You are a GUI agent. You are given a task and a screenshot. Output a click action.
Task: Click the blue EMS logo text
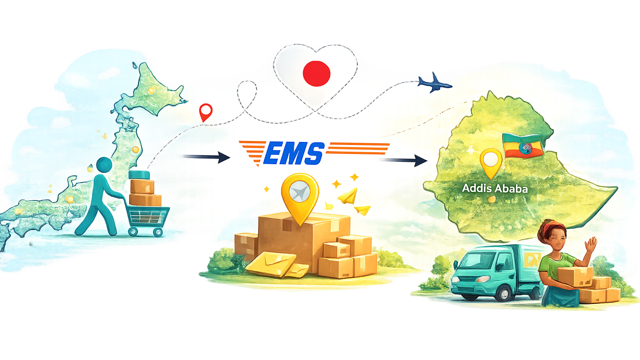point(294,154)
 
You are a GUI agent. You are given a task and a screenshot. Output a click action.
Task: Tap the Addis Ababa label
point(495,188)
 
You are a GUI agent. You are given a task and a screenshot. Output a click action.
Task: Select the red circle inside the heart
point(316,73)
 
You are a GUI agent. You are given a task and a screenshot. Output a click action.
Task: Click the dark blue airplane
point(434,83)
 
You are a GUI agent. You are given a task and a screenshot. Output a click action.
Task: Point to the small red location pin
point(206,112)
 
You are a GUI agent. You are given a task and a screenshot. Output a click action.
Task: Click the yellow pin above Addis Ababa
point(490,162)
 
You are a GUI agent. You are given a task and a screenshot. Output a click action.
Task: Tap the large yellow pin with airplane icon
point(300,195)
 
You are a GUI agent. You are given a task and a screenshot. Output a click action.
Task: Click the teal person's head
point(104,165)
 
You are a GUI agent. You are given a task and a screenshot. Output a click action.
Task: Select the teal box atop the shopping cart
point(139,174)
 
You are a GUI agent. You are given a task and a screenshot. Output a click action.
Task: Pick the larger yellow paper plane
point(347,197)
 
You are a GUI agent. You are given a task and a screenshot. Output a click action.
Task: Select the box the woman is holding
point(574,276)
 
